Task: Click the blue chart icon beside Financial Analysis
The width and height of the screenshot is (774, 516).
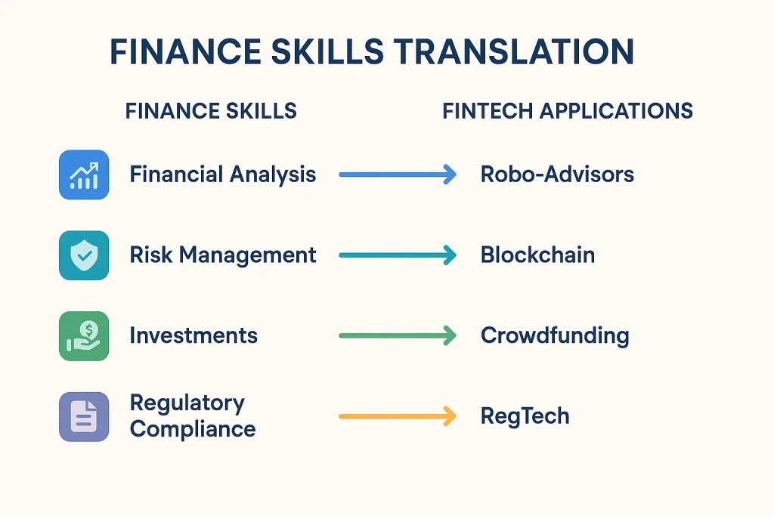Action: (x=84, y=175)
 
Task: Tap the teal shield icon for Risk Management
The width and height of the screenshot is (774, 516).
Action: (x=84, y=255)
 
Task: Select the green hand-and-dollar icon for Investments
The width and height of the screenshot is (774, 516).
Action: (x=84, y=335)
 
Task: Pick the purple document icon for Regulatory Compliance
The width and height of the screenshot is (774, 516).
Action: (x=84, y=416)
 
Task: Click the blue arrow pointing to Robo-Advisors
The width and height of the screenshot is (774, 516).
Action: (x=398, y=175)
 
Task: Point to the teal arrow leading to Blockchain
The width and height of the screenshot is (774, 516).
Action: (x=398, y=255)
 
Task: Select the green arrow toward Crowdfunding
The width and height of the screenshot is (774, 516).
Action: (x=398, y=335)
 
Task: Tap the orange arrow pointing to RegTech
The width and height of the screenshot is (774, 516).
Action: (x=398, y=416)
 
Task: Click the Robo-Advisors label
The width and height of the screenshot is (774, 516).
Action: (x=557, y=175)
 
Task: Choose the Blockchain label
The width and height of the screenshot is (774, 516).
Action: (x=537, y=255)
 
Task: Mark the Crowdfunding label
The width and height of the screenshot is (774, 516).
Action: (x=555, y=335)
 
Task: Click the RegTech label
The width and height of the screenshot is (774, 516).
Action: (x=525, y=416)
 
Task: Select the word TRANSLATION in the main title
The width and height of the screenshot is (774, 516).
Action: (x=515, y=52)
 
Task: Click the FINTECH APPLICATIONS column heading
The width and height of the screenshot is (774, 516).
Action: (x=568, y=111)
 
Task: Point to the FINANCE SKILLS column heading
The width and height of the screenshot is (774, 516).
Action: (x=211, y=111)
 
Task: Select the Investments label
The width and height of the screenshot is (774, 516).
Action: (x=193, y=335)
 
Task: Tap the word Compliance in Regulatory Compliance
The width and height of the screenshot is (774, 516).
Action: (x=193, y=430)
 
